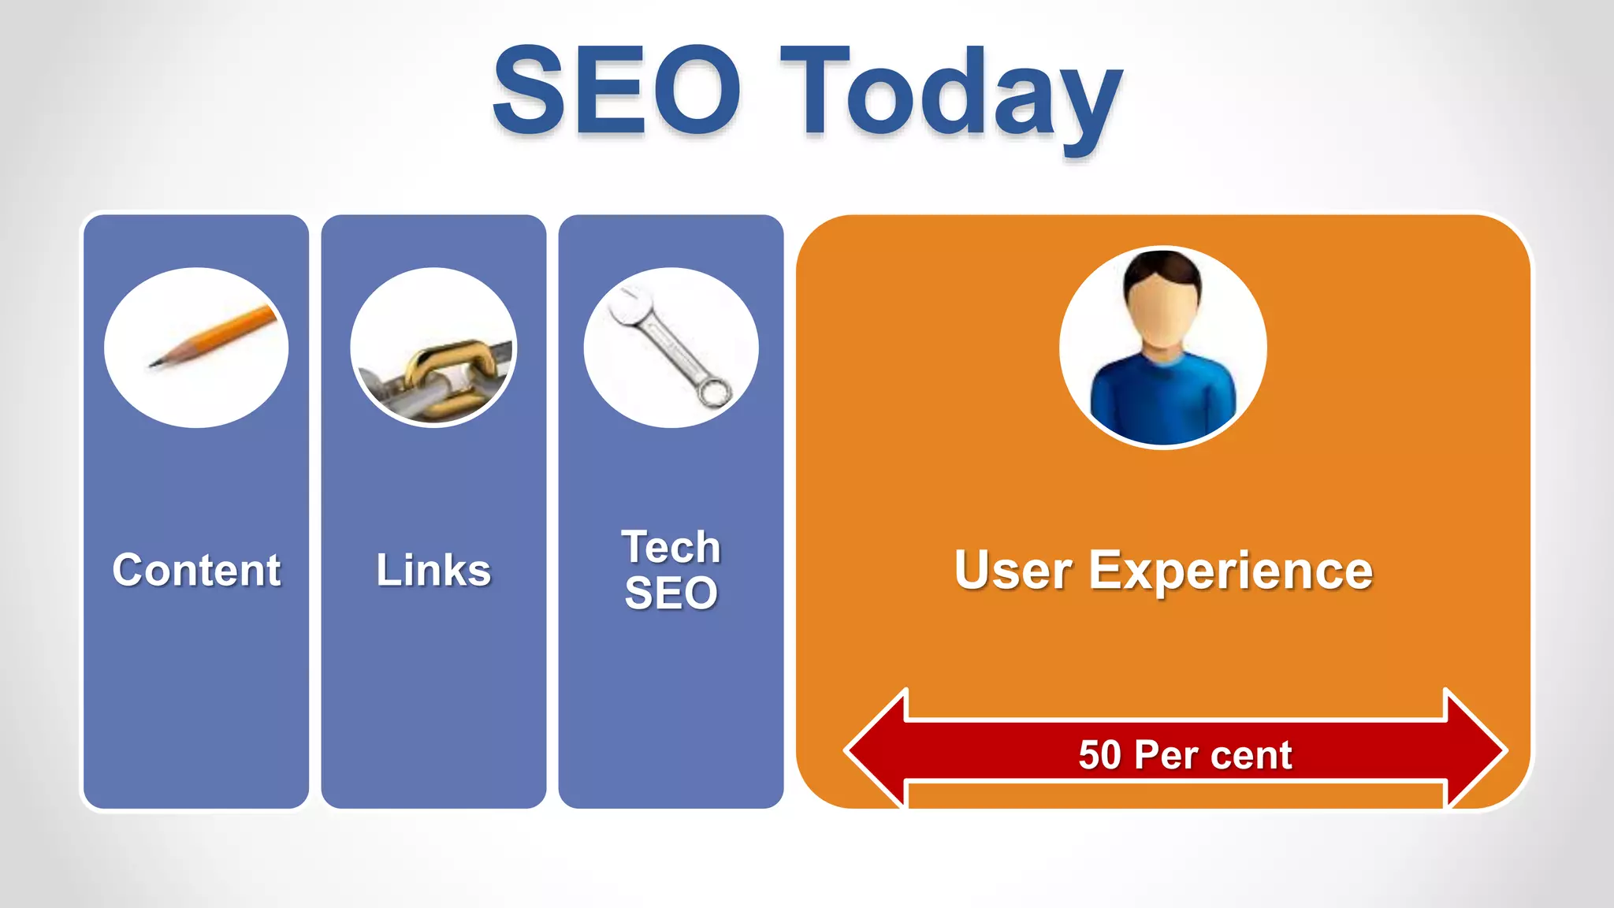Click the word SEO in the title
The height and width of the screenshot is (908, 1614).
point(616,91)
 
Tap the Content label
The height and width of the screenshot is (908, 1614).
point(196,570)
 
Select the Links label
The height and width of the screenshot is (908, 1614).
point(433,570)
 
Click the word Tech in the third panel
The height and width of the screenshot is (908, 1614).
point(671,547)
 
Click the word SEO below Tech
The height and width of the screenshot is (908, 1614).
point(671,593)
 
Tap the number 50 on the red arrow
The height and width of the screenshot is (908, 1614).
point(1099,754)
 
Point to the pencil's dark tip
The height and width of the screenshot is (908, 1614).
point(154,363)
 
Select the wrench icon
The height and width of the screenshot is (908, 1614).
point(670,347)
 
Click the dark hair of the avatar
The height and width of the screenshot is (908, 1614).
point(1162,265)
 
